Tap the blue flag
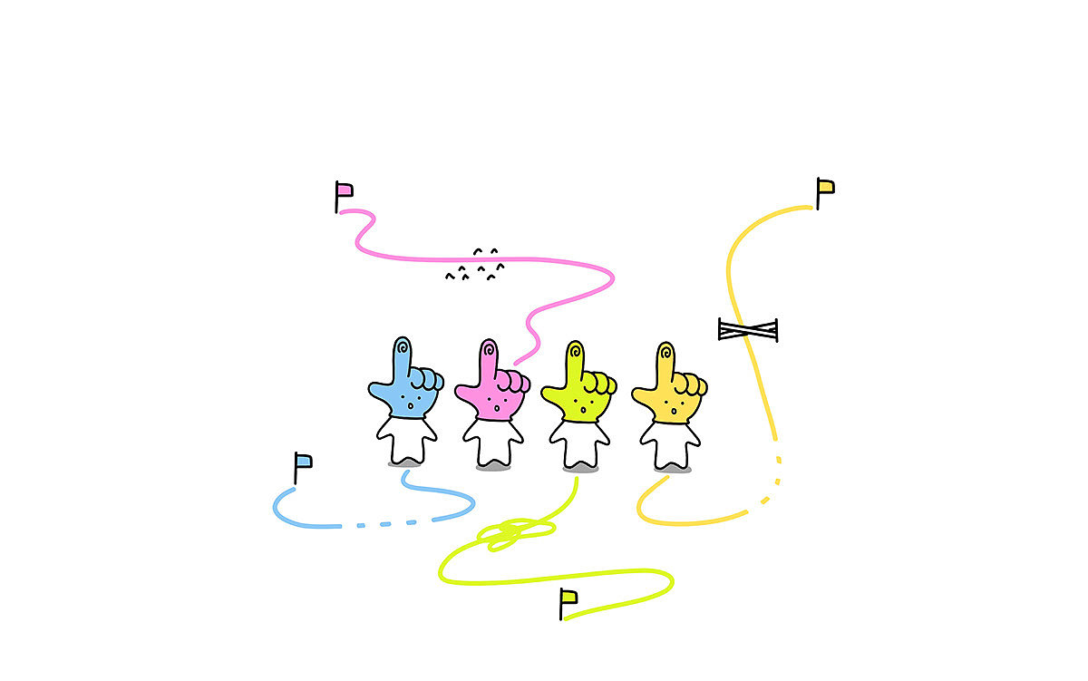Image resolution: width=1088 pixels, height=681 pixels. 304,461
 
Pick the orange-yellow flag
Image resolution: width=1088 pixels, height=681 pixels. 825,188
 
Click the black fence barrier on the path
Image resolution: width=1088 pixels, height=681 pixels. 748,330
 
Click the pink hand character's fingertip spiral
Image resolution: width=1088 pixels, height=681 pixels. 490,347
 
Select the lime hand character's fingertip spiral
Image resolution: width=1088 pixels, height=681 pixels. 575,349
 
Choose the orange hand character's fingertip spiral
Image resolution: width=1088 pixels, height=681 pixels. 665,351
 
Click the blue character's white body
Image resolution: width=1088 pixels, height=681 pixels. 406,439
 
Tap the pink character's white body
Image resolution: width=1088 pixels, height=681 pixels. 492,442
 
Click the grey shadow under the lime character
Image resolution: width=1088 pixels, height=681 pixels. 581,469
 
